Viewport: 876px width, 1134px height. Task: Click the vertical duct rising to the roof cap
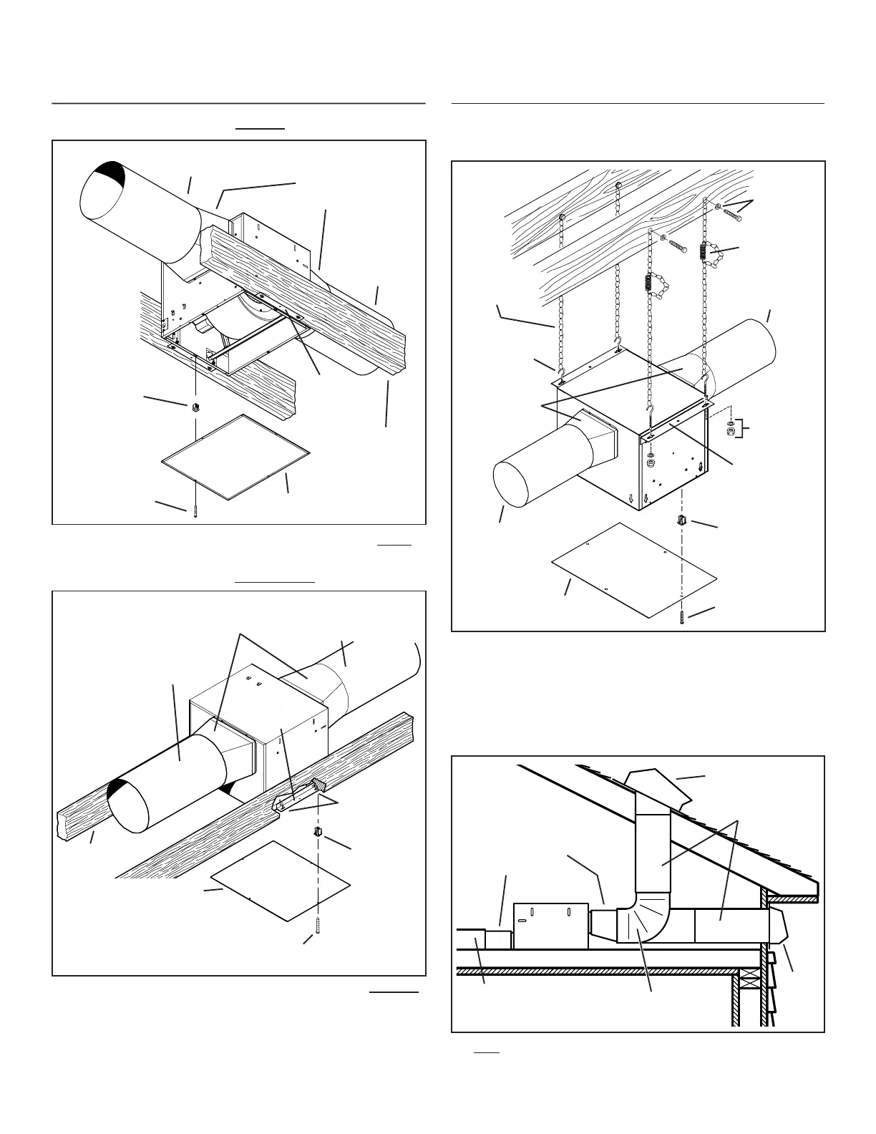click(x=653, y=845)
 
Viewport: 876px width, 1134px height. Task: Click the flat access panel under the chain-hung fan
click(x=633, y=570)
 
